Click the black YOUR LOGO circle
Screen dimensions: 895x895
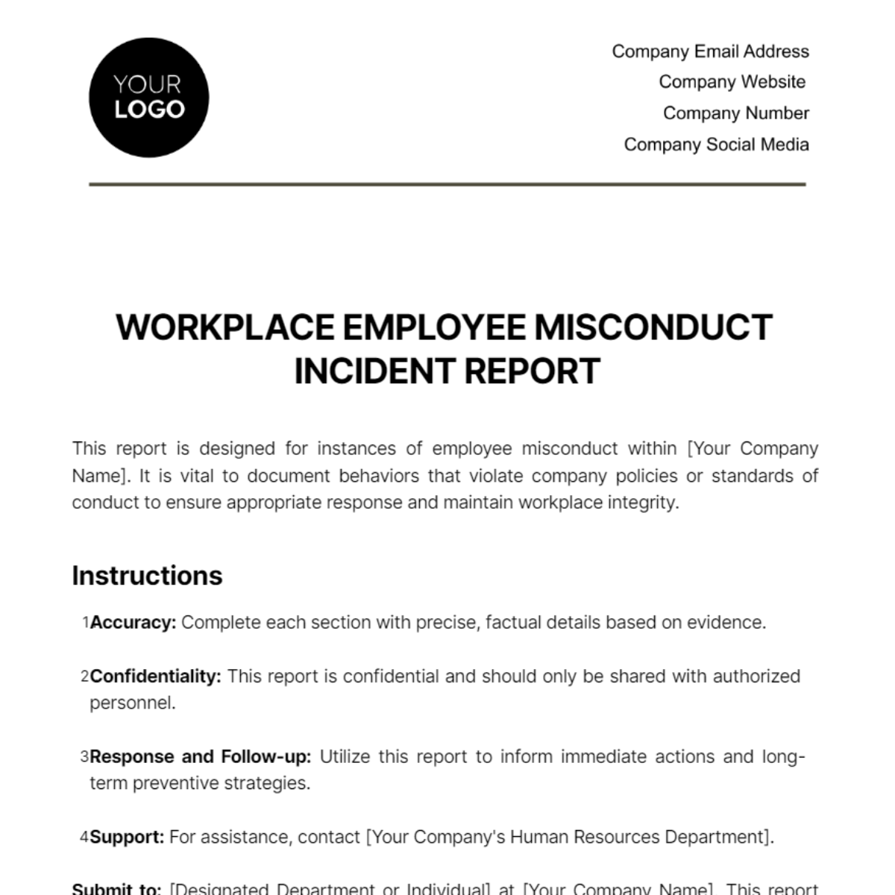pyautogui.click(x=148, y=98)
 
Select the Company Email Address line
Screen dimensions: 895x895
pyautogui.click(x=710, y=51)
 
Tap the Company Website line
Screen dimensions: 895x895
pyautogui.click(x=732, y=82)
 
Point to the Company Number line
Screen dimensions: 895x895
pyautogui.click(x=735, y=113)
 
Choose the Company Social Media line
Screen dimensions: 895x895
pyautogui.click(x=716, y=145)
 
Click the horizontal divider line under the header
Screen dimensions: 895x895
pyautogui.click(x=447, y=183)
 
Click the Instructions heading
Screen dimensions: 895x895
pyautogui.click(x=147, y=576)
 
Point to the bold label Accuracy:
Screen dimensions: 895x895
pyautogui.click(x=133, y=623)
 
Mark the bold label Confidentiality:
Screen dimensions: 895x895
pyautogui.click(x=155, y=676)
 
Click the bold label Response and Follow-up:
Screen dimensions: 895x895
pyautogui.click(x=200, y=757)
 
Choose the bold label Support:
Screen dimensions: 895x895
pyautogui.click(x=127, y=837)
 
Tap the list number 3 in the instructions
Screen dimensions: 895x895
pyautogui.click(x=84, y=757)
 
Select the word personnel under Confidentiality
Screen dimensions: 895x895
pyautogui.click(x=132, y=703)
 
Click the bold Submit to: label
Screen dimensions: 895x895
pyautogui.click(x=116, y=888)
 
